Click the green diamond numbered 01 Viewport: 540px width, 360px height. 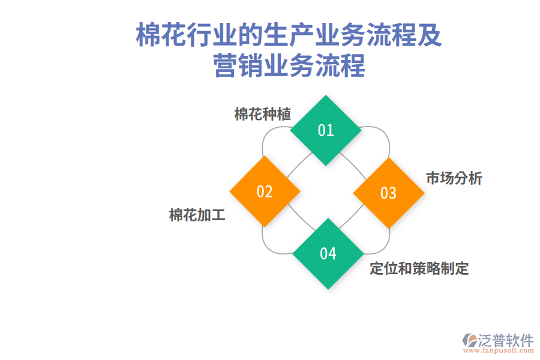coord(326,130)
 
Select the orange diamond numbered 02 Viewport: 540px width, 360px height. coord(265,191)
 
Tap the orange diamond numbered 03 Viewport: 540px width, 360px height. coord(389,193)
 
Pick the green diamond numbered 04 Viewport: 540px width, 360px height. coord(328,254)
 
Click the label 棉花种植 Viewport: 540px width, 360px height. coord(262,114)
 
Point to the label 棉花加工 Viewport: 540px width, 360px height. coord(197,215)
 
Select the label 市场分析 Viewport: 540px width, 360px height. coord(454,178)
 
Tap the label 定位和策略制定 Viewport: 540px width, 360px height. coord(419,268)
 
